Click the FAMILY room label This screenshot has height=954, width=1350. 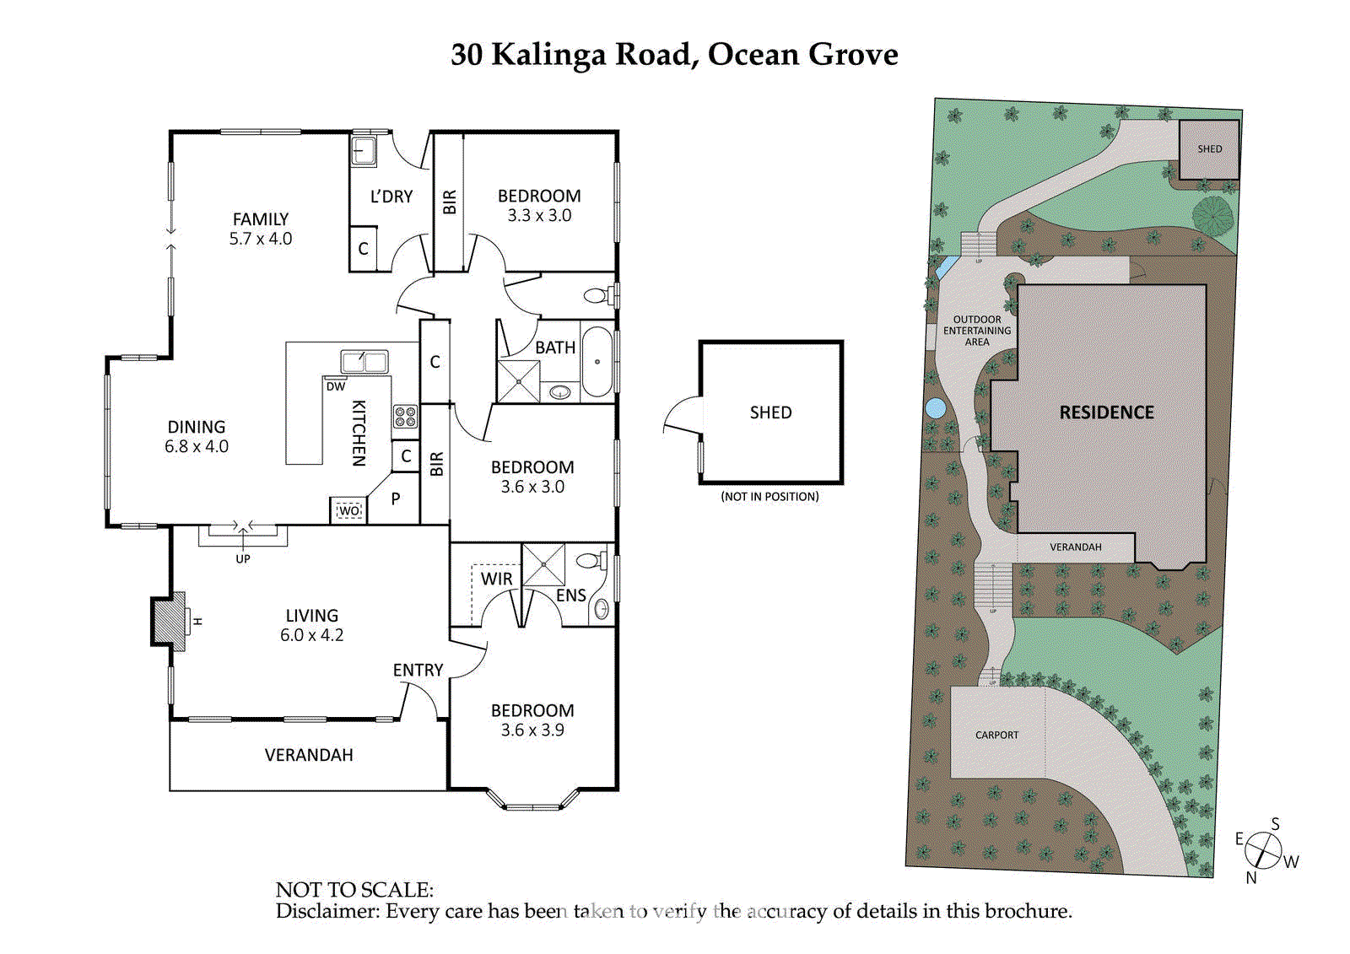click(x=261, y=219)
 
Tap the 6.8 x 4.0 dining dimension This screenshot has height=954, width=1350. click(x=197, y=446)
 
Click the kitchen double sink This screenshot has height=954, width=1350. click(x=364, y=362)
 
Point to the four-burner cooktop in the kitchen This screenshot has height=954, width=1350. click(x=405, y=416)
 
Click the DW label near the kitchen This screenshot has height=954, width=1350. click(x=336, y=386)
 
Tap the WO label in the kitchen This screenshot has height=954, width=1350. click(x=348, y=510)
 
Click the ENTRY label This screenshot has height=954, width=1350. click(x=418, y=670)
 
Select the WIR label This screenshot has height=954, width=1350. click(x=496, y=579)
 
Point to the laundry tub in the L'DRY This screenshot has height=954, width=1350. click(x=364, y=152)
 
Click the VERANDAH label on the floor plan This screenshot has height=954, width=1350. click(x=309, y=755)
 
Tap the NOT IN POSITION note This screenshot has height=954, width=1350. click(x=769, y=497)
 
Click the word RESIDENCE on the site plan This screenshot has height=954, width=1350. click(x=1106, y=412)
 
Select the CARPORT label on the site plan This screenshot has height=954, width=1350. click(x=996, y=735)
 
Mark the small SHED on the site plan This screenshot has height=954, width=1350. click(x=1209, y=149)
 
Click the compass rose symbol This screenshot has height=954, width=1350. click(x=1263, y=850)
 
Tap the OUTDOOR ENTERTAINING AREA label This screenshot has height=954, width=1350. click(x=977, y=331)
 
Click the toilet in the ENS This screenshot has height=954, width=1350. click(x=590, y=561)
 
